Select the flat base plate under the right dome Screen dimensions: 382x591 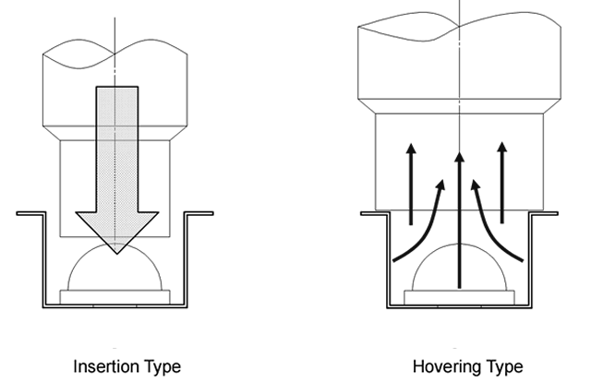point(459,295)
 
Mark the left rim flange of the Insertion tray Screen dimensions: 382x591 point(30,213)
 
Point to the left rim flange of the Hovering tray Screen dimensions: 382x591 point(373,213)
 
